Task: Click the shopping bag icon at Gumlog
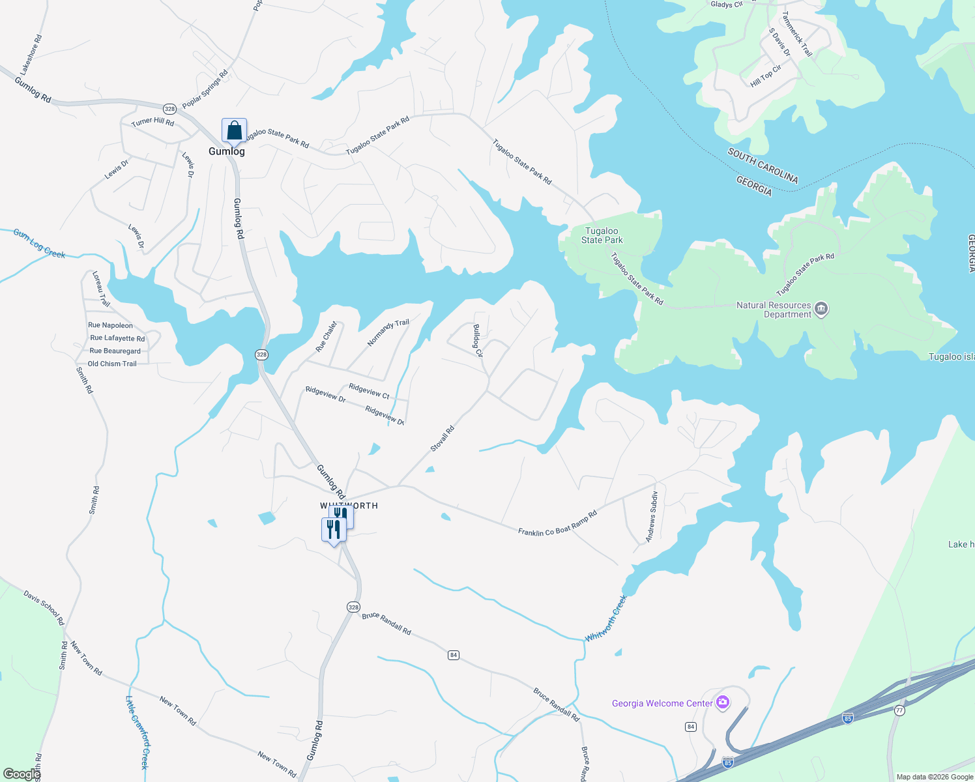(x=234, y=130)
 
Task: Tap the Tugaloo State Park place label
(x=602, y=235)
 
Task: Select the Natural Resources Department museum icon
(x=821, y=309)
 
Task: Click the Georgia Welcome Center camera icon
(x=722, y=702)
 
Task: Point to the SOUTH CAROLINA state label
(x=763, y=166)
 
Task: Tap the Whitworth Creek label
(x=606, y=618)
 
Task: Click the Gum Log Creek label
(x=39, y=244)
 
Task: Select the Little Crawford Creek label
(x=137, y=732)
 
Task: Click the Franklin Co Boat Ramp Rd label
(x=557, y=523)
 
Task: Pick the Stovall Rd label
(x=442, y=439)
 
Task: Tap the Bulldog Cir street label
(x=478, y=340)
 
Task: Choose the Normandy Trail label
(x=388, y=332)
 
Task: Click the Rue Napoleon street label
(x=110, y=325)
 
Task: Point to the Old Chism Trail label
(x=112, y=364)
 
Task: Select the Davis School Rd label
(x=44, y=607)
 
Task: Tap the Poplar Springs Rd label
(x=205, y=89)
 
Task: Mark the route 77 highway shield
(x=899, y=710)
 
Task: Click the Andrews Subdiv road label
(x=652, y=517)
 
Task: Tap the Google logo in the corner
(x=21, y=774)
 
